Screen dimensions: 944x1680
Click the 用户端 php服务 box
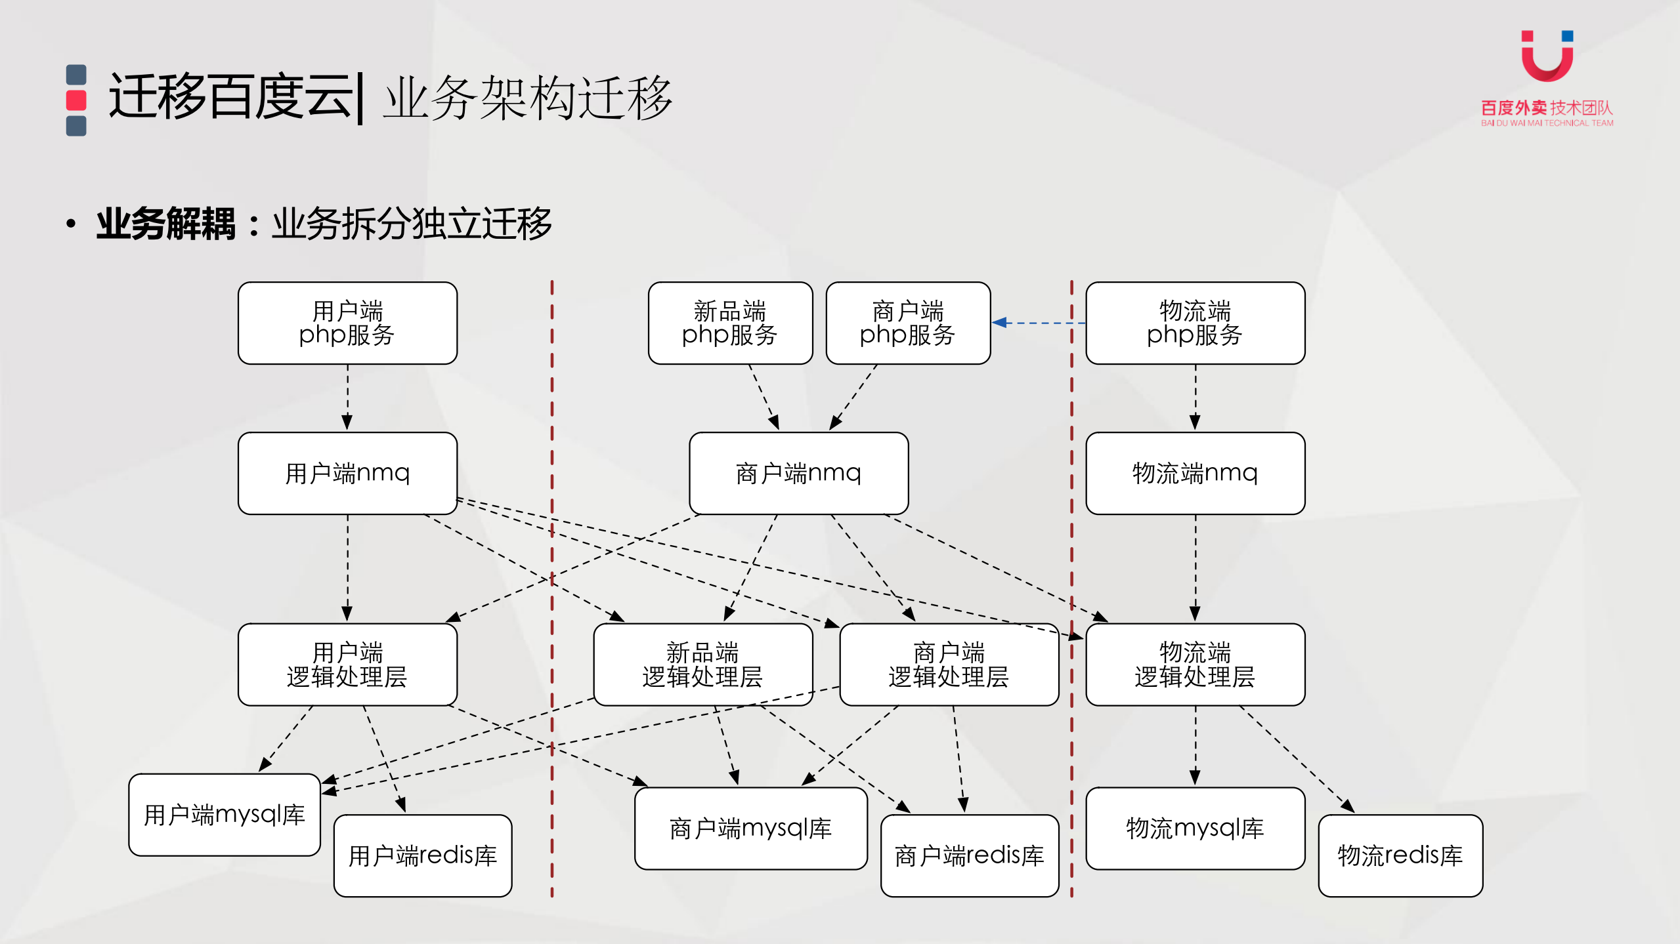347,323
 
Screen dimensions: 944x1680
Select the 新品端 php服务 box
729,323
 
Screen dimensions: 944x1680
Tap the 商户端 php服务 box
907,323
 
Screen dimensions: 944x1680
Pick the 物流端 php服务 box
1194,323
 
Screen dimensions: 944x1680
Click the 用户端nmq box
347,473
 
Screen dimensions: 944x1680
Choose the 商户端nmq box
798,473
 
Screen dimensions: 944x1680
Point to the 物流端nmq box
1194,473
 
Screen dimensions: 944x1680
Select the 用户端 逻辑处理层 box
347,664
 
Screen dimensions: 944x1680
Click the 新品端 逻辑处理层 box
702,664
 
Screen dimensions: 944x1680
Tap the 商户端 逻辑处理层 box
948,664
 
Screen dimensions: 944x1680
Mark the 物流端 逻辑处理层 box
1194,664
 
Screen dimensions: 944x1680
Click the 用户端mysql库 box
224,815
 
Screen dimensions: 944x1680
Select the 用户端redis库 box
422,855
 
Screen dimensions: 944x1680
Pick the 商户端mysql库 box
750,829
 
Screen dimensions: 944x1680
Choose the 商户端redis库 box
969,855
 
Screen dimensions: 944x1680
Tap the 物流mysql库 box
1194,829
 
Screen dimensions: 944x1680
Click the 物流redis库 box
1400,855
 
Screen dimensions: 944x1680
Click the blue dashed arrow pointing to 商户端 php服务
1037,323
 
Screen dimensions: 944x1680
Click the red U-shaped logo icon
1547,58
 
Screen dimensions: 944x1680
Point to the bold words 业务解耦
165,224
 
